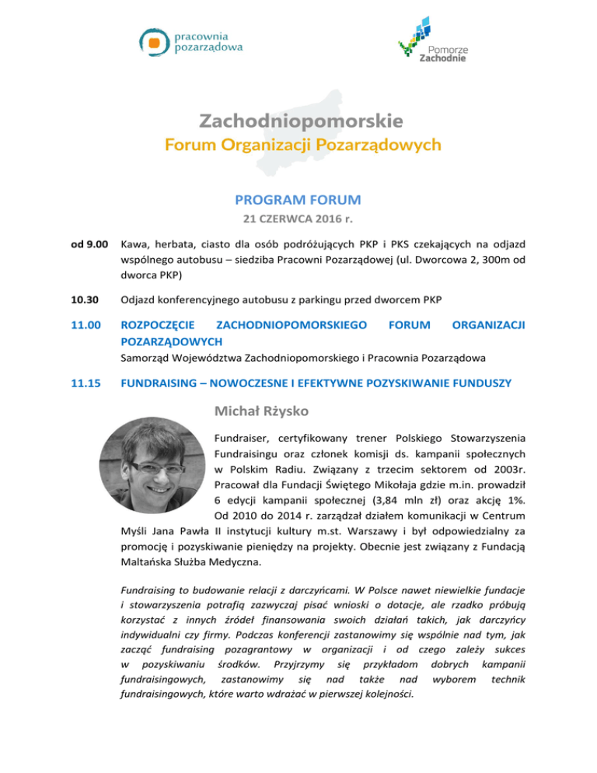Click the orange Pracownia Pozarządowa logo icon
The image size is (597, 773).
(x=155, y=41)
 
